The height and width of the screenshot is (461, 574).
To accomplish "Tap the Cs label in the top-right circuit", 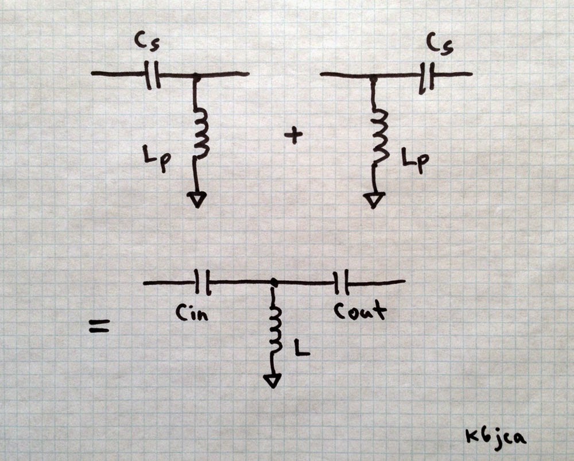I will (439, 43).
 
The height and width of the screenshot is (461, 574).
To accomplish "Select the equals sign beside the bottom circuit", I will (99, 328).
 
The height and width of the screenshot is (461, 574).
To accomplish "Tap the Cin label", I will (191, 312).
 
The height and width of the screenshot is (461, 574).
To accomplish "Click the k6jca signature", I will (495, 437).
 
